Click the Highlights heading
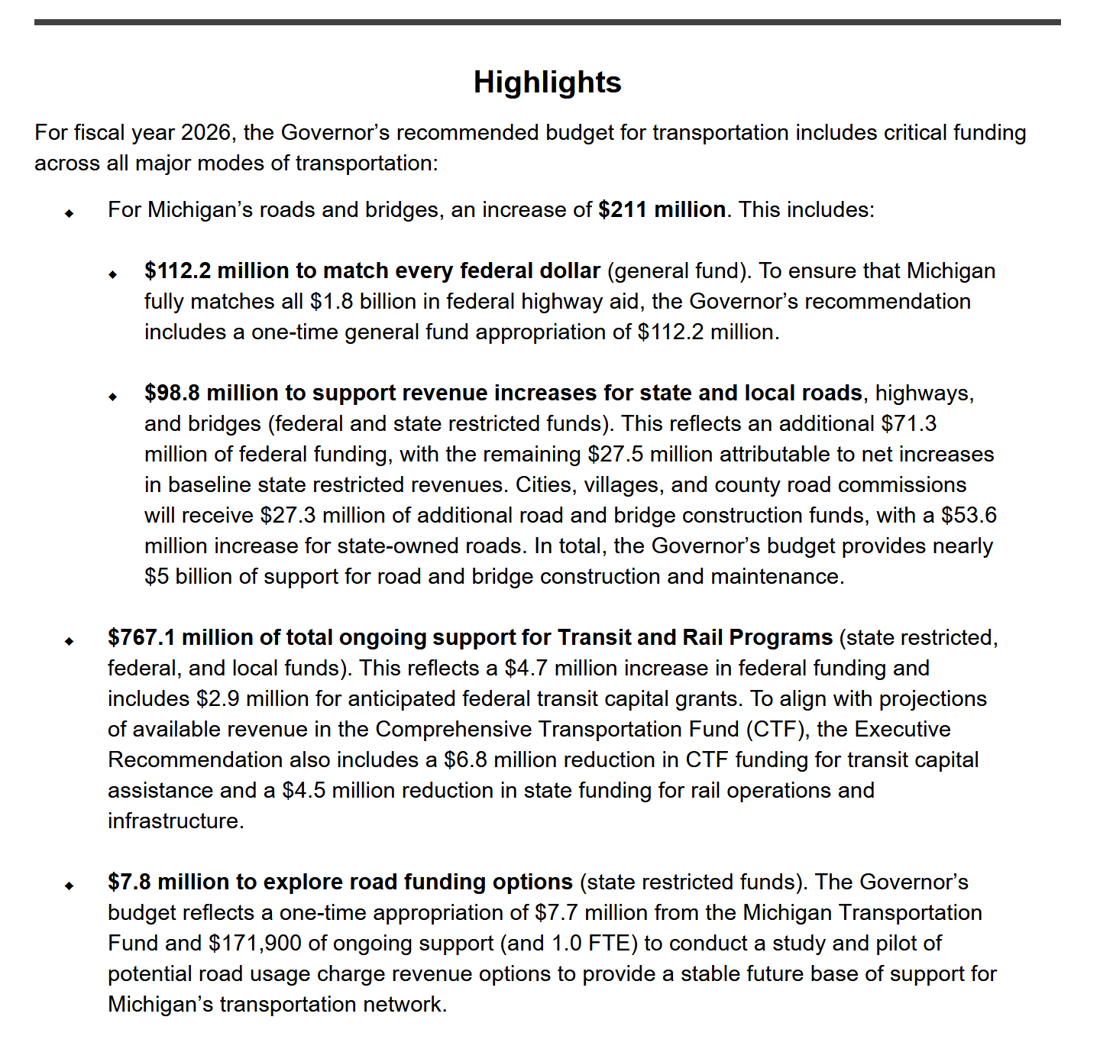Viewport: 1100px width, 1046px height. click(547, 83)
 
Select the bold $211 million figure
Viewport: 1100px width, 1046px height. click(662, 210)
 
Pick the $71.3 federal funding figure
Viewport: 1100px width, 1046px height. click(908, 424)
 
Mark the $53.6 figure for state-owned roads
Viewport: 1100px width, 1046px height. click(969, 516)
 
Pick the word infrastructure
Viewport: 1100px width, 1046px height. click(176, 821)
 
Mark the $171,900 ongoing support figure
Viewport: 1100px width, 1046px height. click(255, 944)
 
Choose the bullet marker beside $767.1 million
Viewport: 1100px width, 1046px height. click(70, 641)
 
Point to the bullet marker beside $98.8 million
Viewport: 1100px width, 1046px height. click(113, 397)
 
